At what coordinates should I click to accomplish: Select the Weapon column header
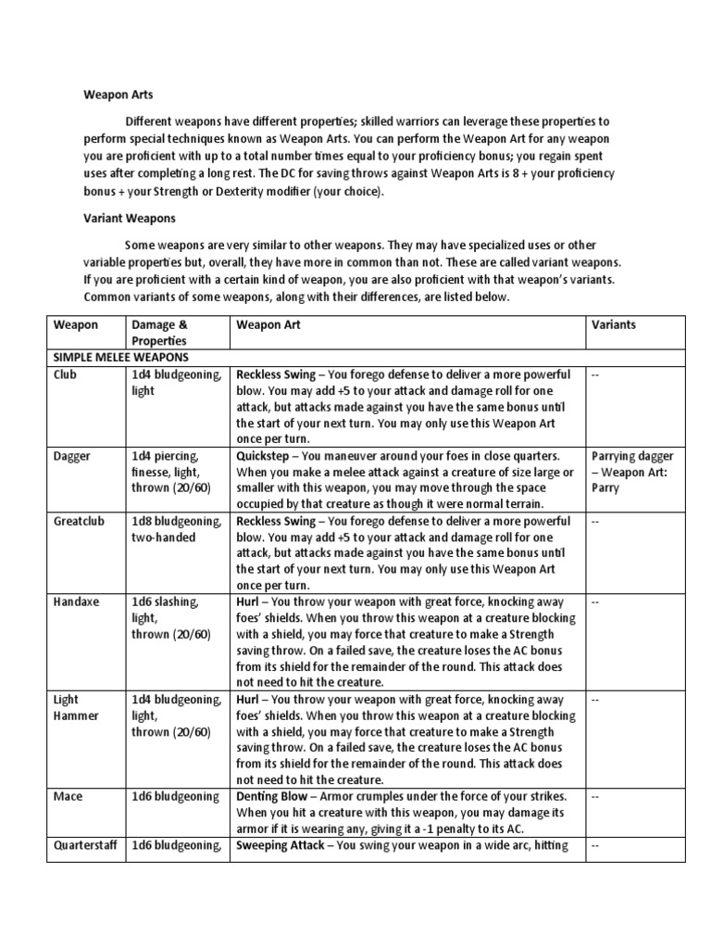coord(77,325)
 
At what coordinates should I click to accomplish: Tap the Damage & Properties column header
coord(161,333)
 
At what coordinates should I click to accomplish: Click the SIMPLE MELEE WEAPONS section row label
coord(121,358)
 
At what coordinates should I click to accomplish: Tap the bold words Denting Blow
coord(277,796)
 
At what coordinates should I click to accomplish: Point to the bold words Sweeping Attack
coord(284,844)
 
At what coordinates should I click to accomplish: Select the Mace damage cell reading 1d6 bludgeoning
coord(176,796)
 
